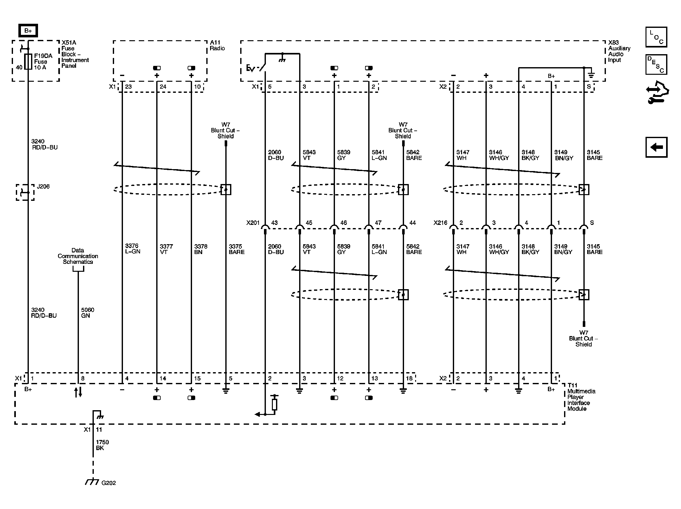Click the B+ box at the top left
(x=28, y=31)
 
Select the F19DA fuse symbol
(x=28, y=61)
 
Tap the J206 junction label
(x=43, y=187)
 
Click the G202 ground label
(x=108, y=483)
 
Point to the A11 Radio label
(x=217, y=45)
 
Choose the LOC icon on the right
(x=656, y=37)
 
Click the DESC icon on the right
(x=656, y=65)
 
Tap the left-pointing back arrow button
(x=657, y=147)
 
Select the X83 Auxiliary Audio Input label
(x=619, y=51)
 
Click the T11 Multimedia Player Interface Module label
(x=581, y=397)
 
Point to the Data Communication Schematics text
(x=78, y=256)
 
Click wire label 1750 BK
(x=102, y=445)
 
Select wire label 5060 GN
(x=88, y=313)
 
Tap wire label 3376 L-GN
(x=132, y=249)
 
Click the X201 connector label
(x=253, y=223)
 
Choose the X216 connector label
(x=440, y=223)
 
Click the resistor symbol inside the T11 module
(x=274, y=405)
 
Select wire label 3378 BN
(x=201, y=249)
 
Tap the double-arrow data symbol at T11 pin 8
(x=78, y=392)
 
